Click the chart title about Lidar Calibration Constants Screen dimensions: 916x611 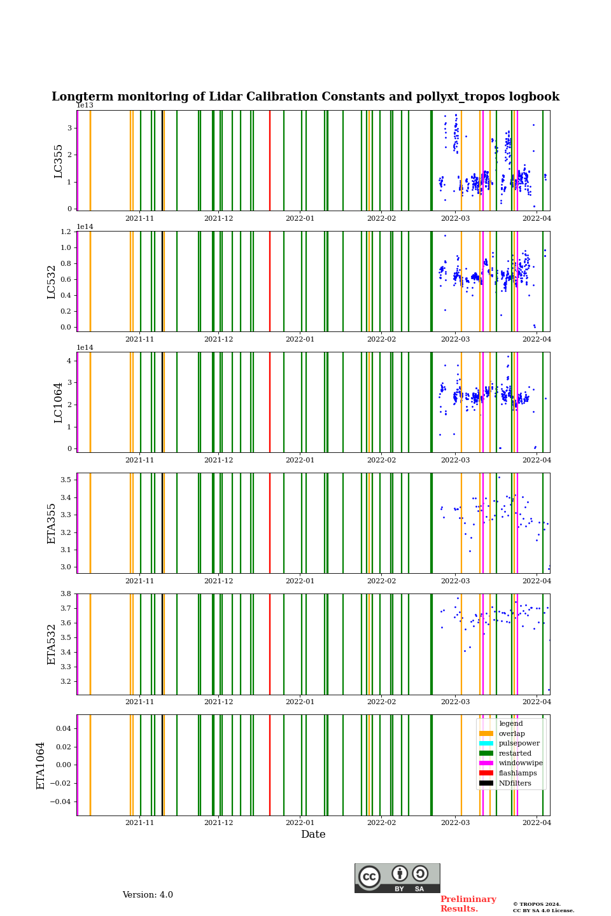tap(305, 97)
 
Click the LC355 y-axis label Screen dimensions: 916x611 tap(59, 161)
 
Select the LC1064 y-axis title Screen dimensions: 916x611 tap(59, 402)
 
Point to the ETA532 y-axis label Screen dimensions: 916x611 tap(52, 644)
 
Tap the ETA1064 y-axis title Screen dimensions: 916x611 tap(41, 765)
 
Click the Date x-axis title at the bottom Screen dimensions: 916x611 tap(313, 835)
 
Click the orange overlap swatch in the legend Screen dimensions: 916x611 tap(486, 733)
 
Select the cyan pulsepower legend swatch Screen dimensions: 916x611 tap(486, 744)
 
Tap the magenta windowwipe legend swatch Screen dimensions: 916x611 tap(486, 763)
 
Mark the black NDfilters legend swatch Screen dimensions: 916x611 tap(486, 783)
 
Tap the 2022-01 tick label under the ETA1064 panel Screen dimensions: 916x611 tap(300, 823)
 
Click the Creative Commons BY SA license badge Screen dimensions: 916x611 tap(397, 878)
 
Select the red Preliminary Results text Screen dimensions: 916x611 tap(468, 904)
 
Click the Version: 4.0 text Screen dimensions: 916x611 tap(148, 895)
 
